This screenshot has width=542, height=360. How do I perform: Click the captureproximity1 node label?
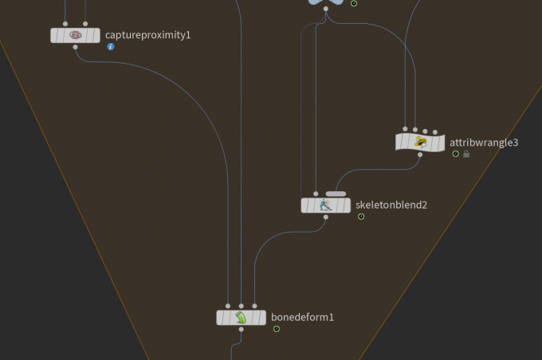[148, 36]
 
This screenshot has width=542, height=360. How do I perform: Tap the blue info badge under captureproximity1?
[111, 47]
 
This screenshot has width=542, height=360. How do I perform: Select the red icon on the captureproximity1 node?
[76, 35]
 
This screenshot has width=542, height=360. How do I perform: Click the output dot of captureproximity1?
[76, 47]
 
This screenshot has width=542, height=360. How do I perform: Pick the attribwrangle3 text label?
[484, 143]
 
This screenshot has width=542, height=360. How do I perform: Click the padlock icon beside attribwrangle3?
[466, 154]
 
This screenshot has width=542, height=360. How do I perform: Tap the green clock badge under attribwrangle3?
[456, 154]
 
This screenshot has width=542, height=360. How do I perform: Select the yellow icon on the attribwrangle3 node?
[421, 143]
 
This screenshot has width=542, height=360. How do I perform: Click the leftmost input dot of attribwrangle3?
[406, 128]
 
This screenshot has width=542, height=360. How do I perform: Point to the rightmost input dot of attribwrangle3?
[436, 131]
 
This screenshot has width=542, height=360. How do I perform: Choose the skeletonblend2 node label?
[391, 205]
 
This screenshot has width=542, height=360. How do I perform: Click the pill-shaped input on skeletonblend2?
[336, 194]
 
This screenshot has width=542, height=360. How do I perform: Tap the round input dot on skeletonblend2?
[316, 194]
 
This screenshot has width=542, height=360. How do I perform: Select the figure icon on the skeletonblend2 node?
[325, 205]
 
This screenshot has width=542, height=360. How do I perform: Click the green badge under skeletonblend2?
[361, 217]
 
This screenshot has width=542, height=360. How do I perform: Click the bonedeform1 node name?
[302, 318]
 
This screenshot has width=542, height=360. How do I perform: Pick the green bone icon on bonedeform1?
[242, 318]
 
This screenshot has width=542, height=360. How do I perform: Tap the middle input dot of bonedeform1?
[242, 306]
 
